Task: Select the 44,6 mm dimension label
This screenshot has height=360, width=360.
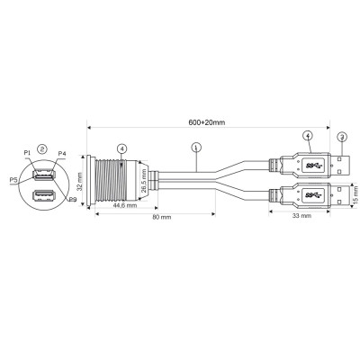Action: [x=112, y=205]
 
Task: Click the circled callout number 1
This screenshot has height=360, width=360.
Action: [x=196, y=148]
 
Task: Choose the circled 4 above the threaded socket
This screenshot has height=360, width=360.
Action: [x=121, y=148]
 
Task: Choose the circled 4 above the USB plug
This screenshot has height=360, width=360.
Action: [x=307, y=136]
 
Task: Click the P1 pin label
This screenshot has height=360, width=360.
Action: [x=27, y=153]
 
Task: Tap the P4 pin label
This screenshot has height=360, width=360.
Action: [x=60, y=154]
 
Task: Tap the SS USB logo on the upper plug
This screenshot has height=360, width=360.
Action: [x=312, y=167]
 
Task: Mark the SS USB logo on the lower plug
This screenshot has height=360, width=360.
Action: [x=312, y=194]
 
